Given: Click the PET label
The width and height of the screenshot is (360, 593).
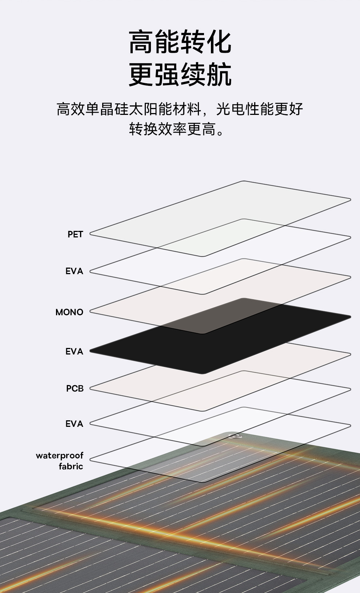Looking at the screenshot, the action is [75, 235].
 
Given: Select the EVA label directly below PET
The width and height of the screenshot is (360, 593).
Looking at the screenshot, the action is [74, 271].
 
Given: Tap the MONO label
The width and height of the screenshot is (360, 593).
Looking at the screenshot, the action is [69, 312].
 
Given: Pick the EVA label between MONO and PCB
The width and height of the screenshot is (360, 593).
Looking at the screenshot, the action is [74, 352].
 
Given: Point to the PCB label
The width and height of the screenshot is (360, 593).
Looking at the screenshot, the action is [75, 389].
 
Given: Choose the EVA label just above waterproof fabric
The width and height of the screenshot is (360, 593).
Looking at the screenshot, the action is [74, 424].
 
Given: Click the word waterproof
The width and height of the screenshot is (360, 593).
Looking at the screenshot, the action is [60, 456].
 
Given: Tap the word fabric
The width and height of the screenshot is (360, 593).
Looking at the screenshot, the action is [71, 466].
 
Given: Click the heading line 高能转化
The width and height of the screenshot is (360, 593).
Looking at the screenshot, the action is [180, 43].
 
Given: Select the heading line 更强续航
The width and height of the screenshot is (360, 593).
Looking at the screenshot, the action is [180, 75].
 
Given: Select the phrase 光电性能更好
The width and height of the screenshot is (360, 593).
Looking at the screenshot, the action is [260, 109].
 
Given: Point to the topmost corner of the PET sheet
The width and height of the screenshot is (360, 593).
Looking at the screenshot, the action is [243, 181].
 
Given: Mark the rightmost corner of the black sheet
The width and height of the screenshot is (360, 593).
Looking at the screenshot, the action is [350, 317].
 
